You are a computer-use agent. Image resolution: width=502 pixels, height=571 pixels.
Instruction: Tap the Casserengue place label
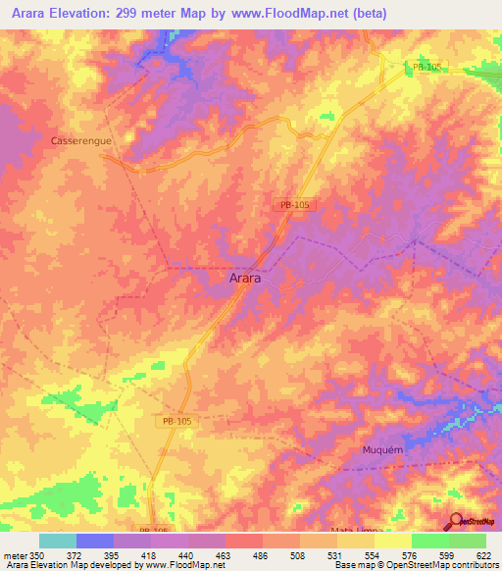(81, 141)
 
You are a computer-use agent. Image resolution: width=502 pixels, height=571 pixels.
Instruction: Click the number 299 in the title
(130, 14)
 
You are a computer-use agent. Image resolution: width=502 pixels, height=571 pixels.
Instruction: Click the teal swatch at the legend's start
(57, 541)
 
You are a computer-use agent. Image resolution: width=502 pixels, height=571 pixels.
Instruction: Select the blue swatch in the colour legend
(94, 541)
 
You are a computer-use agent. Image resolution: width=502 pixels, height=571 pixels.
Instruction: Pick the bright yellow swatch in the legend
(392, 541)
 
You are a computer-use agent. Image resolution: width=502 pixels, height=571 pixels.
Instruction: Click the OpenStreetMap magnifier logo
(454, 521)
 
